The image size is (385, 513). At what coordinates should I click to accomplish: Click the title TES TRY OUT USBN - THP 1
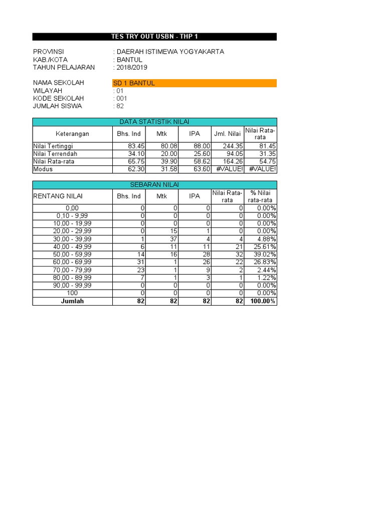tap(154, 37)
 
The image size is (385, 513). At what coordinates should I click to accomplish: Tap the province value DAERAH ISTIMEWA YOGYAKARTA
tap(170, 52)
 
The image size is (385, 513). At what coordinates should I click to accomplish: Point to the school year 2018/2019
tap(132, 68)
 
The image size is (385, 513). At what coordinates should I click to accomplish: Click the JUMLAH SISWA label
tap(57, 106)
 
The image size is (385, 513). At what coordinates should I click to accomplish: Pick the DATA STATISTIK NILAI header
tap(154, 122)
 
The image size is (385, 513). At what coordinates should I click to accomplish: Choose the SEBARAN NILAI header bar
tap(154, 185)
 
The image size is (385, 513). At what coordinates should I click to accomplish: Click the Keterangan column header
tap(72, 134)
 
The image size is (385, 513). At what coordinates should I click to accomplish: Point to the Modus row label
tap(43, 169)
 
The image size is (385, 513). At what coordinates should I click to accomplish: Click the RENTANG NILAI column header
tap(58, 196)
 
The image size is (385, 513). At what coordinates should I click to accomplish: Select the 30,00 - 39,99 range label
tap(72, 239)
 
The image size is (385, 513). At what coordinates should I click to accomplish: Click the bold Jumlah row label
tap(72, 301)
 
